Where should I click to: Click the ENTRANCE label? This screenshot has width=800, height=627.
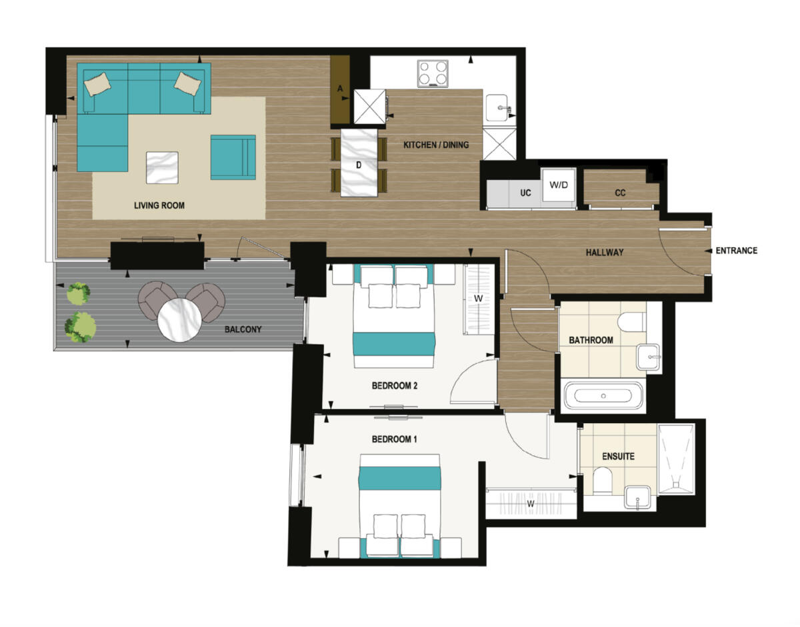(736, 251)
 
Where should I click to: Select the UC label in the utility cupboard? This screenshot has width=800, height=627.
(525, 193)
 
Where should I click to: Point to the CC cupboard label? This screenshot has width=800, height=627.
(620, 193)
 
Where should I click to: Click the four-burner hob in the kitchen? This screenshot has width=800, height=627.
(433, 73)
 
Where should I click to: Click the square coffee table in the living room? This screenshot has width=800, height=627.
(162, 167)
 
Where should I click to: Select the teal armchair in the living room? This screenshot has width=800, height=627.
(233, 157)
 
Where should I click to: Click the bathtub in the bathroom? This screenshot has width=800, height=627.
(603, 396)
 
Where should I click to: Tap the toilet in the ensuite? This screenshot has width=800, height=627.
(603, 480)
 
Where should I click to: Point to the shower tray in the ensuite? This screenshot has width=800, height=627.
(676, 459)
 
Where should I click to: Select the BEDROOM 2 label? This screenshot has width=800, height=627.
(394, 386)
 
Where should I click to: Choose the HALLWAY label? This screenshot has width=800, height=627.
(605, 253)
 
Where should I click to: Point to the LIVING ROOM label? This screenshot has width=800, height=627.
(159, 206)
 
